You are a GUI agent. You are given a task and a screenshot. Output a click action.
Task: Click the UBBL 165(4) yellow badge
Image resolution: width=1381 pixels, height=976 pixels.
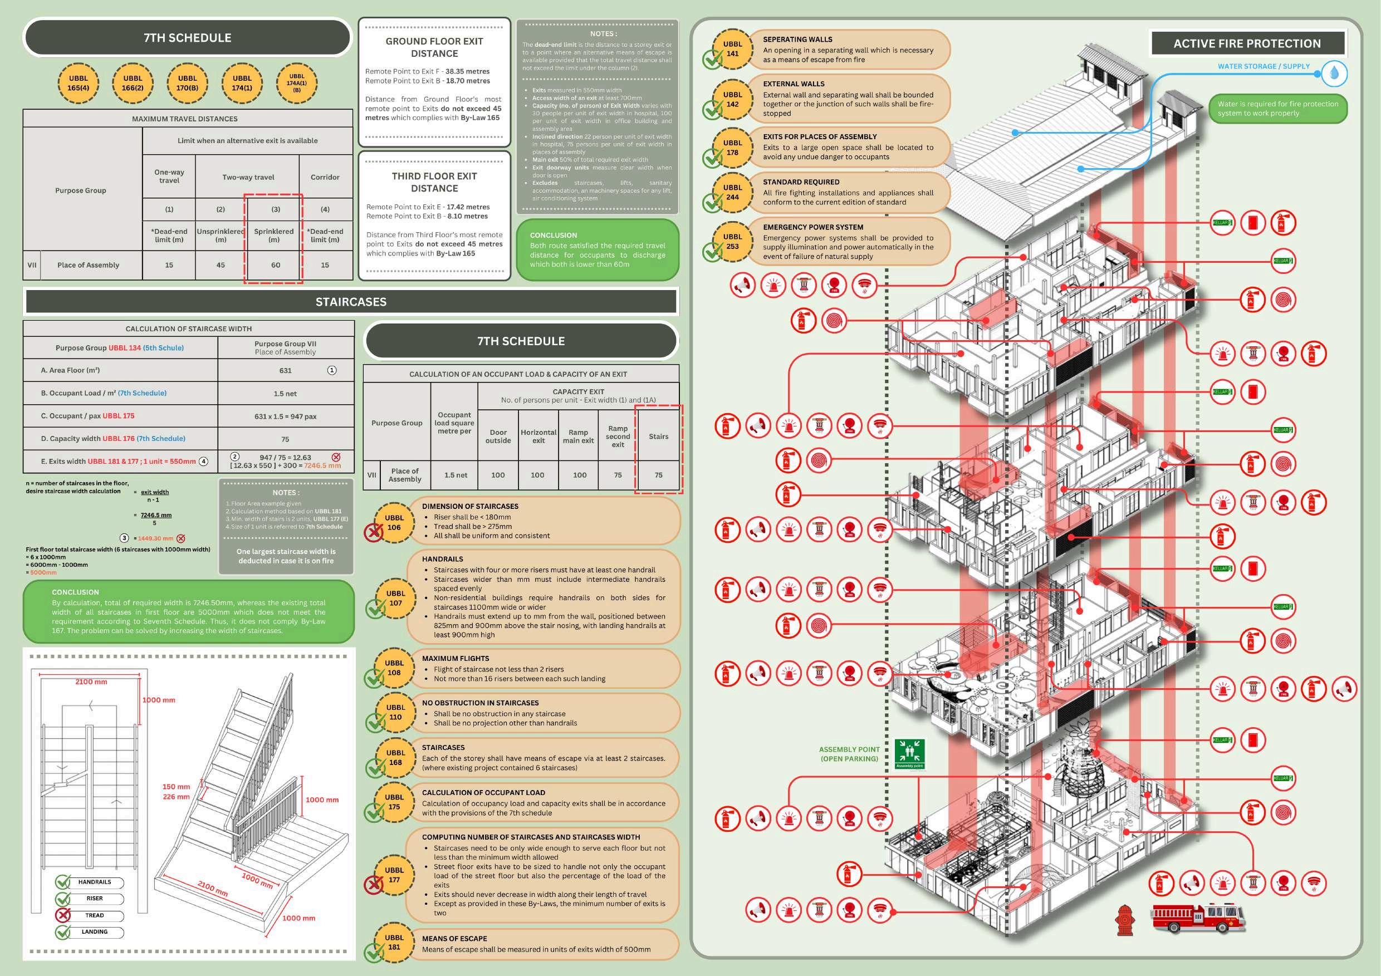(78, 83)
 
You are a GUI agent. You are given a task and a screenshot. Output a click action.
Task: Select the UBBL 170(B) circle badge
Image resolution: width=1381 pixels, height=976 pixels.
(187, 83)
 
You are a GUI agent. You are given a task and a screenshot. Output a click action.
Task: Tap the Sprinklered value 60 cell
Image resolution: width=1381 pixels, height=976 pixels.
(275, 265)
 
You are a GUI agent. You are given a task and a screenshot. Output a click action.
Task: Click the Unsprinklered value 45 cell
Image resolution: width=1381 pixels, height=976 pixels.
(220, 265)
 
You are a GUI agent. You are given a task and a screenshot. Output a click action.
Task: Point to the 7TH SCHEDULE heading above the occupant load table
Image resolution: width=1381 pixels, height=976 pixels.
(521, 341)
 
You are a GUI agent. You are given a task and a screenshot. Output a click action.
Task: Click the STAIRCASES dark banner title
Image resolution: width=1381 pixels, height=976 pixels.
(351, 302)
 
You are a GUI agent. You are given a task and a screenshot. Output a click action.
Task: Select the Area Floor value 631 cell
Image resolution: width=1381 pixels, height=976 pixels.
(285, 370)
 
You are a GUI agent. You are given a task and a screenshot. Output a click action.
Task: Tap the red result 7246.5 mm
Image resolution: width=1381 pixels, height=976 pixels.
(322, 465)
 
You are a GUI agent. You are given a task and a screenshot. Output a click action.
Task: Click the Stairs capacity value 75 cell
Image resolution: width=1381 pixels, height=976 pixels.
(658, 475)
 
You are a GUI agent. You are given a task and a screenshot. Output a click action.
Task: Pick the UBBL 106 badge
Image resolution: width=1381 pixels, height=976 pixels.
(394, 523)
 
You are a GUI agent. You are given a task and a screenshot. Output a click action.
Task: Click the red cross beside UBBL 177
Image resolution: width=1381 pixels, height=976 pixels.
(374, 884)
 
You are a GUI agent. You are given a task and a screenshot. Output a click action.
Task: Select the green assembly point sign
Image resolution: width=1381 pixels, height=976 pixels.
(909, 753)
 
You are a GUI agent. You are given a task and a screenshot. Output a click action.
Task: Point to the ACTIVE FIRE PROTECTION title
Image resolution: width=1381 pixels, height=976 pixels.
(1247, 43)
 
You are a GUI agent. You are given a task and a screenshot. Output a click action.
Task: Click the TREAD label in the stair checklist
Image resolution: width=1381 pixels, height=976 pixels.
(95, 915)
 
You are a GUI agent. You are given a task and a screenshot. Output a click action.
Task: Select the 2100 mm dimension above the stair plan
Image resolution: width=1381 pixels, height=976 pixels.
(91, 682)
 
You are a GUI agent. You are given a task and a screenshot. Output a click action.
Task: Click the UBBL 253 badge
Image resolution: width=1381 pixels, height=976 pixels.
(732, 241)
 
